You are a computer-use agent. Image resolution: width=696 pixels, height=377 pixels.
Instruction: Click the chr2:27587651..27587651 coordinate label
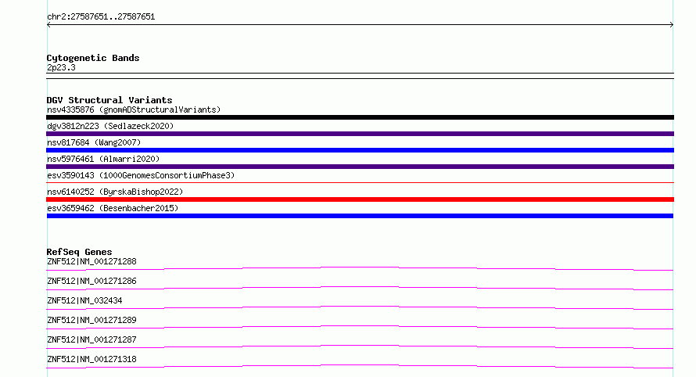tap(101, 17)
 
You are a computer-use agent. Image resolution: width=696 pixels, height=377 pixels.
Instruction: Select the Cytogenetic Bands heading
tap(93, 58)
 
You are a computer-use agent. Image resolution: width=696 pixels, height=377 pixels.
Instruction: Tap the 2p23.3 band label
tap(61, 67)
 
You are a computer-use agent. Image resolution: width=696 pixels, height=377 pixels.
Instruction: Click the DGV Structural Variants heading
tap(109, 100)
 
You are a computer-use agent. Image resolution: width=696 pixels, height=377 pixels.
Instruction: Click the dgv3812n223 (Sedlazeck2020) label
tap(110, 126)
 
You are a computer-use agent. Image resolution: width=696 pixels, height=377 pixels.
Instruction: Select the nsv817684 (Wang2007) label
tap(94, 142)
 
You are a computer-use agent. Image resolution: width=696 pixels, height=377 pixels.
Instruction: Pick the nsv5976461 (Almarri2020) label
tap(103, 159)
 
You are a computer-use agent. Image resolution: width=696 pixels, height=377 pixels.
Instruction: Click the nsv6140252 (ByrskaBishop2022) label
tap(115, 192)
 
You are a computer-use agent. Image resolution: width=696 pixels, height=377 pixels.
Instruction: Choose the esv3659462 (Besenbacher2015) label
tap(113, 208)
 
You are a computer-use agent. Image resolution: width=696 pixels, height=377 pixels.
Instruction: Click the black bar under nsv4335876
tap(360, 117)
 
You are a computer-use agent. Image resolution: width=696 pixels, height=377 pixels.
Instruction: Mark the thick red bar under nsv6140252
tap(360, 199)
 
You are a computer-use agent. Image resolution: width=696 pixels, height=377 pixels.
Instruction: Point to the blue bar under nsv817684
tap(360, 150)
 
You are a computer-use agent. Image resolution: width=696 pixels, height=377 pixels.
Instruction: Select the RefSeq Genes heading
tap(79, 252)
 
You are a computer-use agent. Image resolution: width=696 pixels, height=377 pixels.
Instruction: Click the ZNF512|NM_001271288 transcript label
tap(91, 261)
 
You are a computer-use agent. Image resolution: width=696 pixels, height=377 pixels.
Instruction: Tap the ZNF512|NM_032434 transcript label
tap(84, 300)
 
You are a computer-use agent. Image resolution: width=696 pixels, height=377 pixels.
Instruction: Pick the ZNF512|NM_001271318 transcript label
tap(91, 359)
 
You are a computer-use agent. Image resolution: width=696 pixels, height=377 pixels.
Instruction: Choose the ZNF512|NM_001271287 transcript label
tap(91, 339)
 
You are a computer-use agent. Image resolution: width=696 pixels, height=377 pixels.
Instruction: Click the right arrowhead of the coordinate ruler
tap(673, 25)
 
